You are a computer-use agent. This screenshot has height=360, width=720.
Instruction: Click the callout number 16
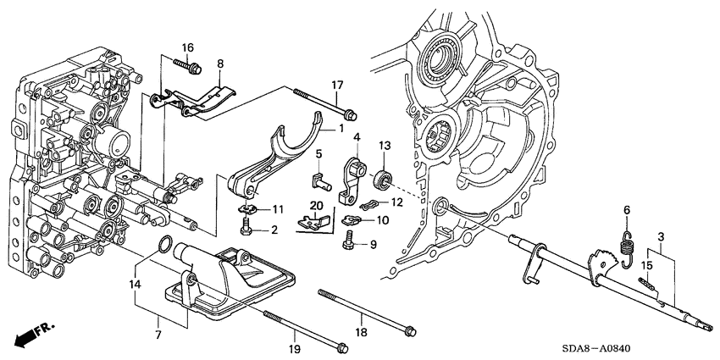point(187,47)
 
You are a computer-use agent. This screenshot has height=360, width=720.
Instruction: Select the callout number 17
point(336,85)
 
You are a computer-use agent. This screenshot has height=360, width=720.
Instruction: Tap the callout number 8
point(219,64)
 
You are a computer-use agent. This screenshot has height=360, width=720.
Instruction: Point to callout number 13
point(383,147)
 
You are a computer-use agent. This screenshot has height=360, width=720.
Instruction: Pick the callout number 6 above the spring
point(628,209)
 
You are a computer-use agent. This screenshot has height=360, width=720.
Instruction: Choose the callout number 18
point(360,309)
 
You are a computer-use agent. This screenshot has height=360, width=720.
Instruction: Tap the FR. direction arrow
point(32,333)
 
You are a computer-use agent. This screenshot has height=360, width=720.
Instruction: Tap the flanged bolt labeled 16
point(186,65)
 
